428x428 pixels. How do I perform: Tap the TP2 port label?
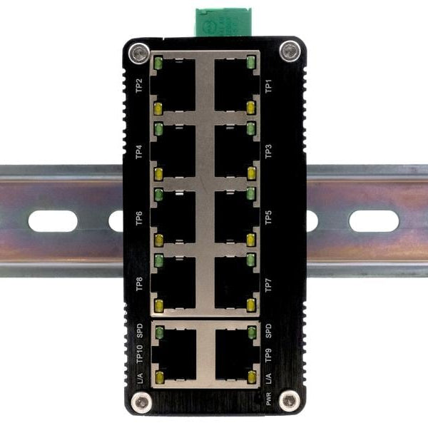(139, 86)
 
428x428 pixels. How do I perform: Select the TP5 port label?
(269, 218)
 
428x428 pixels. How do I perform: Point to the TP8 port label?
(139, 283)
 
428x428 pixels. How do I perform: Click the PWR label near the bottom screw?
(269, 399)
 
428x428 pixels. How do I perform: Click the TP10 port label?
(139, 354)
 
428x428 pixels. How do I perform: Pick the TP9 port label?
(269, 354)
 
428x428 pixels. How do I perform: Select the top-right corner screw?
(288, 51)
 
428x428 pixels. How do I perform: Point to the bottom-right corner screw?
(288, 399)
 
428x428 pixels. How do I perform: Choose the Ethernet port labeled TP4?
(174, 151)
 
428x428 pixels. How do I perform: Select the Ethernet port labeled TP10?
(174, 353)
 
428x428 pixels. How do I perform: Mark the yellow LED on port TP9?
(251, 377)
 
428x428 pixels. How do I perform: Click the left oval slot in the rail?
(53, 220)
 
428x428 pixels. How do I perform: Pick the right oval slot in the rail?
(374, 220)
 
